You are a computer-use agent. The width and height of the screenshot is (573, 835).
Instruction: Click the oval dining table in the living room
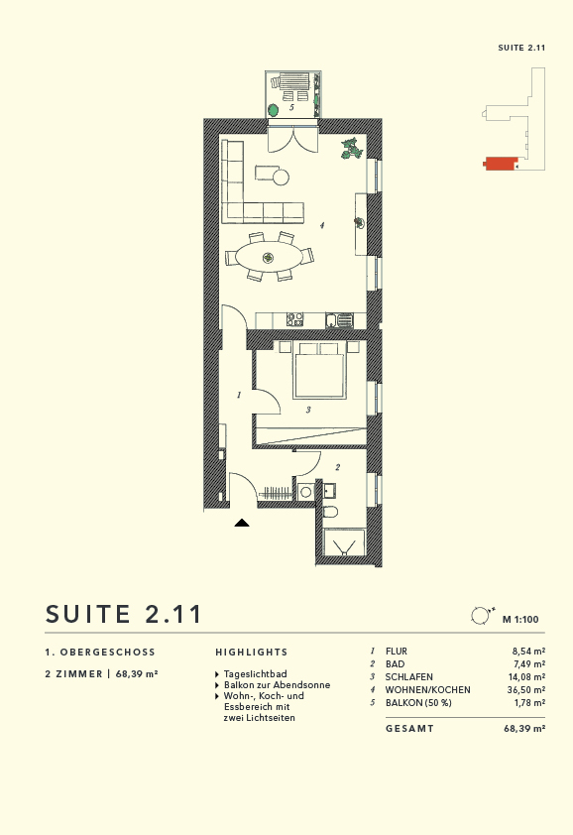[268, 257]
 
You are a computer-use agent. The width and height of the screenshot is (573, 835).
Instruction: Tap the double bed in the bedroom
[318, 372]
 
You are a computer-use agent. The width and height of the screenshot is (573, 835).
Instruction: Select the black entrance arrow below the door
[242, 522]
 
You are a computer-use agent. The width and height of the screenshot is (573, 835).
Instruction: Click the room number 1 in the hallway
[239, 395]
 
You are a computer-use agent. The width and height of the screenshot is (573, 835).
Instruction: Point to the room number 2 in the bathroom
[337, 467]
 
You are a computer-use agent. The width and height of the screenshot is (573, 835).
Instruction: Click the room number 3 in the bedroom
[308, 410]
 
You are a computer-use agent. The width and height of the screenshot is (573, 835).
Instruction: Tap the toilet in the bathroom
[331, 511]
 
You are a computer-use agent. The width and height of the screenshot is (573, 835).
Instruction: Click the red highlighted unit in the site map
[500, 164]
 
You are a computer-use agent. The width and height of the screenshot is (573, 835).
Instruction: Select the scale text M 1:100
[520, 620]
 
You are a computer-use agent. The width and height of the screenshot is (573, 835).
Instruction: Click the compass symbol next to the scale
[481, 616]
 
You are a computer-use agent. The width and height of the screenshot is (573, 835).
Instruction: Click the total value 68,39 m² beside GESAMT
[524, 729]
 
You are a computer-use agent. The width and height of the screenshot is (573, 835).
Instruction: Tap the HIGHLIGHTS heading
[252, 653]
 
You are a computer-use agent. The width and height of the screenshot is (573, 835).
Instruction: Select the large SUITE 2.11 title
[124, 614]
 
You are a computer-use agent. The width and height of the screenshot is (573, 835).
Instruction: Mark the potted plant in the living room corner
[349, 149]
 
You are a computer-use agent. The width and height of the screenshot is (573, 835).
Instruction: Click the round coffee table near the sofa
[281, 178]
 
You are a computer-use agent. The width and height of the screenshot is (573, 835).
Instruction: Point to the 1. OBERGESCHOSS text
[100, 653]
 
